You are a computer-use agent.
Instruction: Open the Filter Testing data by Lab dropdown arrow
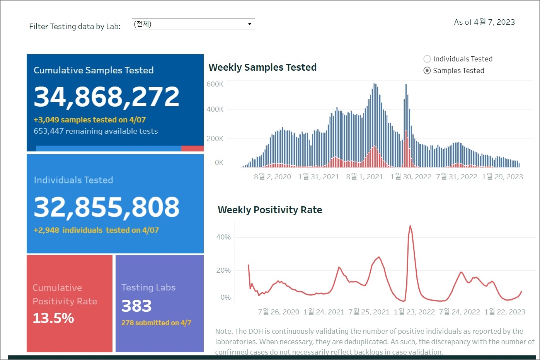(250, 24)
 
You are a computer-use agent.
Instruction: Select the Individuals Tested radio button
(427, 59)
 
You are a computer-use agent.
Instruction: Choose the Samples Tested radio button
(427, 71)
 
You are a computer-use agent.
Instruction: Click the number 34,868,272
(106, 97)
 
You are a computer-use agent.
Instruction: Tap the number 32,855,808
(106, 207)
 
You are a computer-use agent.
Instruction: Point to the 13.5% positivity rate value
(53, 318)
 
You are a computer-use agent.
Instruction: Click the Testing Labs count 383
(136, 306)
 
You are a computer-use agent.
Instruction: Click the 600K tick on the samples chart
(215, 84)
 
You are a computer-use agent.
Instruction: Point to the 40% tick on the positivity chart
(223, 237)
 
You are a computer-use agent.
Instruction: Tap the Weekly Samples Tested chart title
(262, 68)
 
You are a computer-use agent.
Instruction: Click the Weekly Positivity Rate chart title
(270, 210)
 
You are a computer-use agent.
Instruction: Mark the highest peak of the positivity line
(410, 226)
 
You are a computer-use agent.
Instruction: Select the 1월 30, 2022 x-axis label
(411, 177)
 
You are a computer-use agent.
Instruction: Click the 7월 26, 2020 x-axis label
(278, 312)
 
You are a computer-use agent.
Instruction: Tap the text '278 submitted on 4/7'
(156, 323)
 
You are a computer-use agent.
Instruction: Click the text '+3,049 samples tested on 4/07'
(90, 120)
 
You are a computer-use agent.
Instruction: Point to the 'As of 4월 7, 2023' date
(484, 22)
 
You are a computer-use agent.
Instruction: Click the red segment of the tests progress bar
(192, 149)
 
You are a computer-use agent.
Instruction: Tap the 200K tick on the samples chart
(215, 139)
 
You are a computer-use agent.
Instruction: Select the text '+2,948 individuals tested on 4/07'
(96, 231)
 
